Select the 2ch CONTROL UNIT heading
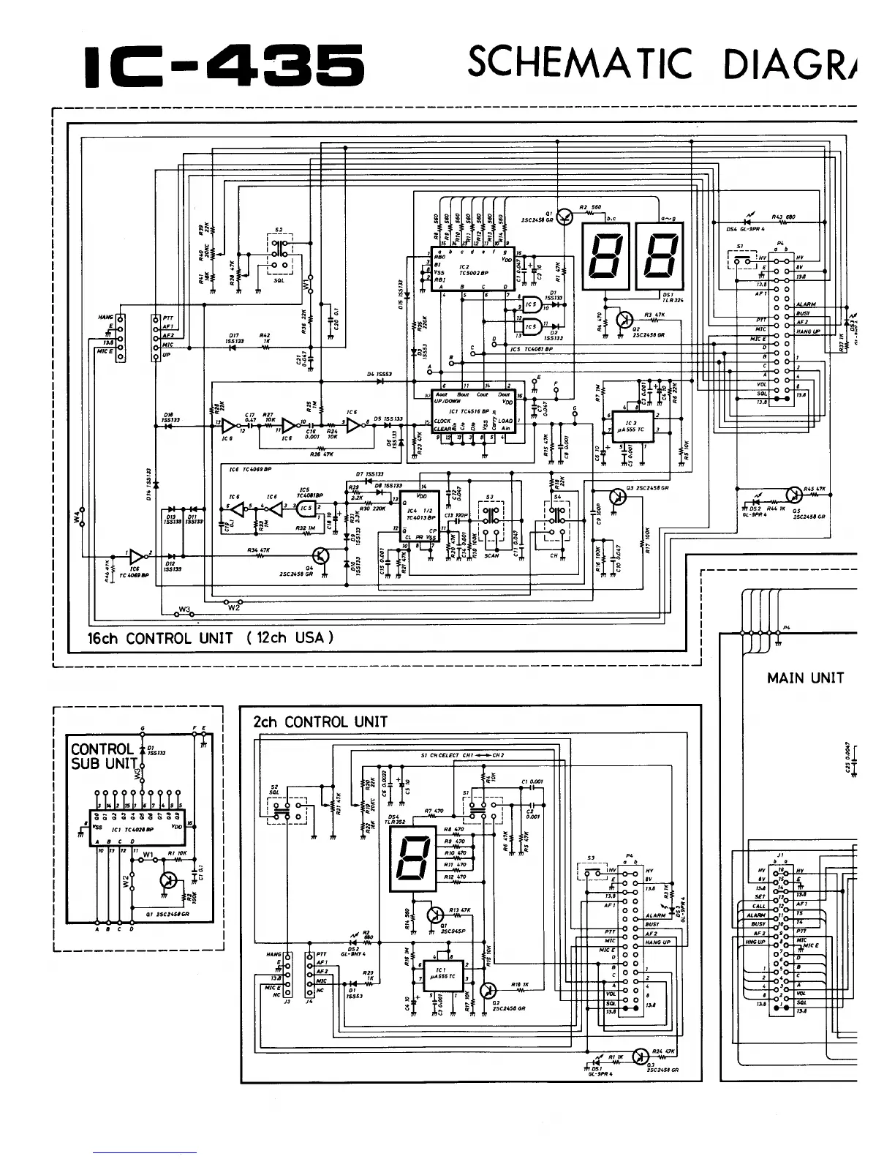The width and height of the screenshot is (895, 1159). pos(320,721)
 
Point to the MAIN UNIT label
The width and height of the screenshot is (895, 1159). pos(805,678)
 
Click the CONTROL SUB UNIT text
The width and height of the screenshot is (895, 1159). pos(103,756)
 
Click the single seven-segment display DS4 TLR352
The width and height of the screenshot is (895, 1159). pos(406,863)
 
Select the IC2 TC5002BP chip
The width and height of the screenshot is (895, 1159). pos(467,267)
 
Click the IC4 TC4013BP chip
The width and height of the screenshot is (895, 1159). pos(420,516)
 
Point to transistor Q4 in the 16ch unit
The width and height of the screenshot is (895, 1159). pos(322,555)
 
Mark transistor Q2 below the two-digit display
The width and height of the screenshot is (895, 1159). pos(624,320)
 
